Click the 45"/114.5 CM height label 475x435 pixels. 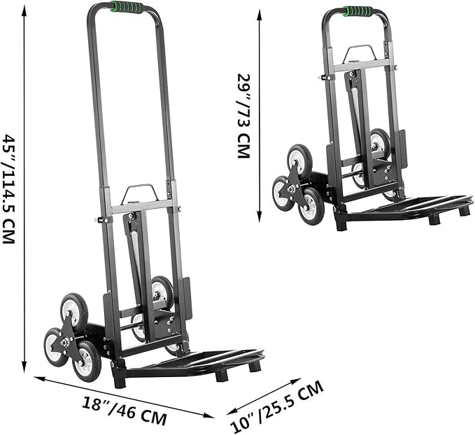click(9, 189)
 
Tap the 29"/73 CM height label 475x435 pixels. click(243, 115)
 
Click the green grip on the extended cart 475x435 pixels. click(127, 8)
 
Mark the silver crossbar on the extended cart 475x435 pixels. click(140, 207)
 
